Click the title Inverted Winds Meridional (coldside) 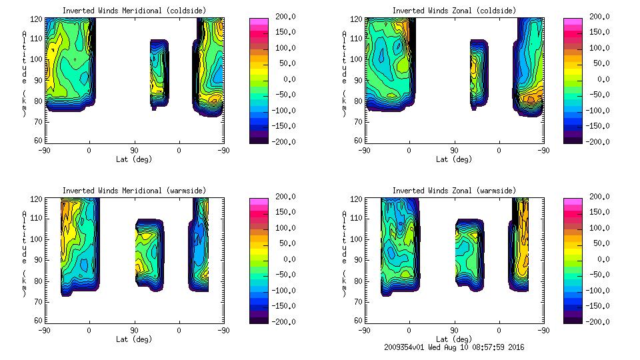coord(134,11)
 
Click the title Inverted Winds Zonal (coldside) coord(454,11)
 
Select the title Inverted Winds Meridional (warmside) coord(134,191)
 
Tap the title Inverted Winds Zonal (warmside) coord(454,191)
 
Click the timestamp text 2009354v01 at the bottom coord(407,347)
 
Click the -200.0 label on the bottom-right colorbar coord(599,322)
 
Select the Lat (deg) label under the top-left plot coord(134,159)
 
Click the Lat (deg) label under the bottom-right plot coord(454,339)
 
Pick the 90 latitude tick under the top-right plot coord(454,151)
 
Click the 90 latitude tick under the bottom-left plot coord(134,330)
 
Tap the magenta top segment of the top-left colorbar coord(259,22)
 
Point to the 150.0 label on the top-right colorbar coord(599,33)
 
